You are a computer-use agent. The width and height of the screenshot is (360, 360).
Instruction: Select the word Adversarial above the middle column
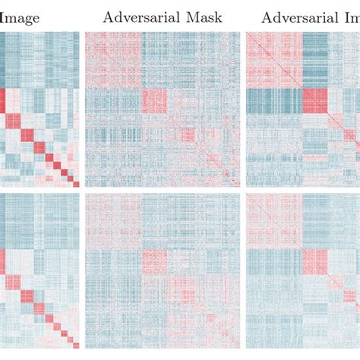point(137,16)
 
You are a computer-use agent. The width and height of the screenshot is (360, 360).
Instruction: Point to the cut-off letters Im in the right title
point(349,16)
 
